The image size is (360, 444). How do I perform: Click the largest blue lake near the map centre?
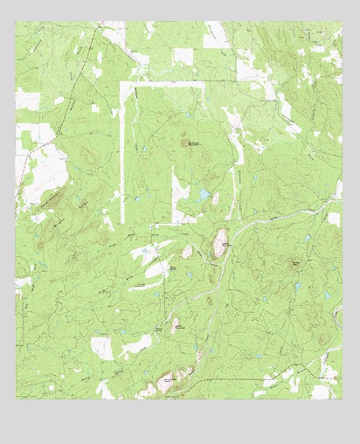click(x=204, y=195)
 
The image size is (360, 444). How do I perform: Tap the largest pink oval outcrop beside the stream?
click(x=220, y=243)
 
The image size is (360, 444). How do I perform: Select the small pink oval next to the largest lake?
click(x=215, y=199)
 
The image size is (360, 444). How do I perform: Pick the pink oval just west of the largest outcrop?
click(x=187, y=252)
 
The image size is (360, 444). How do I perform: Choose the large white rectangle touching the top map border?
click(x=216, y=36)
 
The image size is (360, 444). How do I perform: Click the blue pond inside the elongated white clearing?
click(x=146, y=252)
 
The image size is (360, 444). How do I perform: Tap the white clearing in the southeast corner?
click(x=322, y=391)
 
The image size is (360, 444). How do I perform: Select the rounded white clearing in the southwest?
click(x=103, y=347)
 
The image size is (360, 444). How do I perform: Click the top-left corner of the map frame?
click(x=16, y=22)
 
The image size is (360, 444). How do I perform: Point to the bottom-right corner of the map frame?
click(x=342, y=399)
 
